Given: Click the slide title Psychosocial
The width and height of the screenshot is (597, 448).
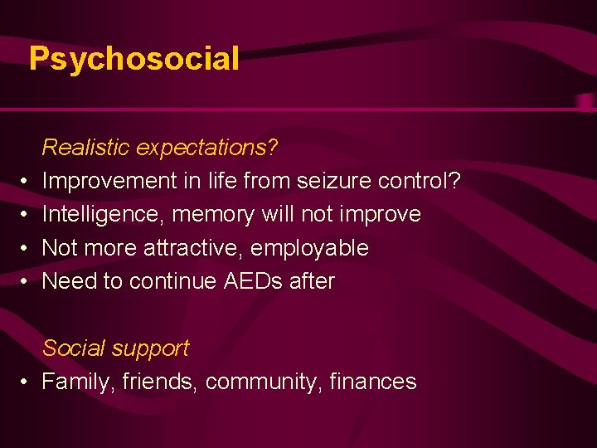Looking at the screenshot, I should point(134,59).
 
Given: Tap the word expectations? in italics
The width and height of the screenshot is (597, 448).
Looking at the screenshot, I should point(207,149).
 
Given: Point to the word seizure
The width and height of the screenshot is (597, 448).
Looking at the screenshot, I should point(335,181).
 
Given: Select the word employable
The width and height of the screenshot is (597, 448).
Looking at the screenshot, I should point(309,248).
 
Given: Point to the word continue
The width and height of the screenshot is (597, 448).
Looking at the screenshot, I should point(172,281).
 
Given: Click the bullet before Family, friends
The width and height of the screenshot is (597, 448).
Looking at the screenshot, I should point(26,382).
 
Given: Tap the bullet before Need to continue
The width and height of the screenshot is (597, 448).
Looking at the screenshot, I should point(26,282).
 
